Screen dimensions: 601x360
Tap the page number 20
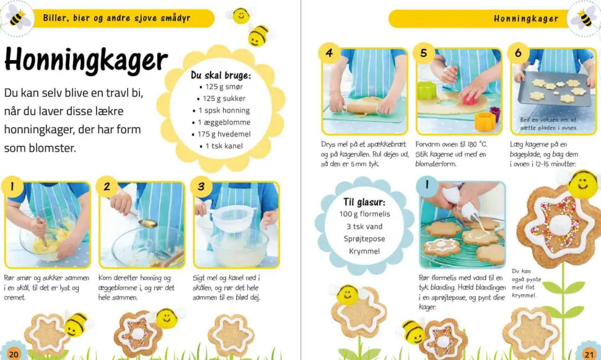point(14,354)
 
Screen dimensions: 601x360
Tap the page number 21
point(589,354)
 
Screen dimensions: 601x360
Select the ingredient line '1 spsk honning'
point(224,110)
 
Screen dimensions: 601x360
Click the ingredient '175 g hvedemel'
point(224,134)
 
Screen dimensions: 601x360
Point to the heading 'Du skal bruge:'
point(221,75)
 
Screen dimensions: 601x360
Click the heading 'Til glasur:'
point(364,202)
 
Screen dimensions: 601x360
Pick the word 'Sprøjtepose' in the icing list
point(364,239)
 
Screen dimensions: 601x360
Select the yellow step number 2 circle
point(107,187)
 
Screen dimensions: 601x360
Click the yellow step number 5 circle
point(424,53)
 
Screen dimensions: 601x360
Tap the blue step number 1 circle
point(428,185)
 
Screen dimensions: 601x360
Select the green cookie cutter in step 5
point(427,90)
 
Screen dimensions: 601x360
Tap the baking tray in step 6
point(555,90)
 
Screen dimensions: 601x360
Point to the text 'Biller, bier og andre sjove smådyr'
point(116,18)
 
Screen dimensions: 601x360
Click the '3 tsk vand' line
point(364,227)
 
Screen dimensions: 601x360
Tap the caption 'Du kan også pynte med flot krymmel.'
point(526,283)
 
